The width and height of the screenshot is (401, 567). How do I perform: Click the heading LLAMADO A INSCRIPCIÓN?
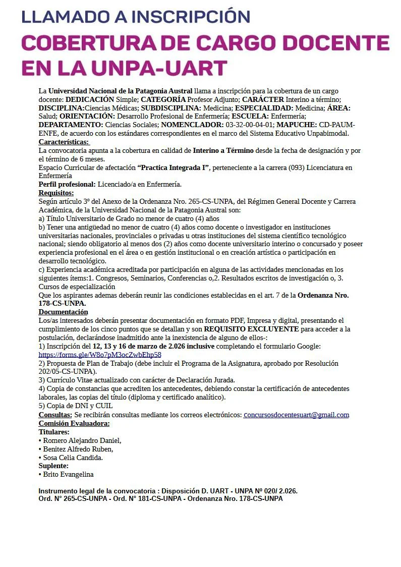click(x=136, y=16)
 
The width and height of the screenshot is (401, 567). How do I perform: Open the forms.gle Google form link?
click(x=100, y=355)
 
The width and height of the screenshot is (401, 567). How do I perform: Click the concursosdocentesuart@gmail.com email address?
click(x=296, y=415)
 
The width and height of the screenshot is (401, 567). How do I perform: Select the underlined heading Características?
click(x=64, y=142)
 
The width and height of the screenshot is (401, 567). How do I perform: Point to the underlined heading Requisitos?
click(x=56, y=193)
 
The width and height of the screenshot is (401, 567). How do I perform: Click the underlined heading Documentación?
click(x=63, y=312)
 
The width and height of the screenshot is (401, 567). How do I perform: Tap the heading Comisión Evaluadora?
click(x=74, y=423)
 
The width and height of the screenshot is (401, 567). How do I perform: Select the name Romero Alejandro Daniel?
click(x=82, y=440)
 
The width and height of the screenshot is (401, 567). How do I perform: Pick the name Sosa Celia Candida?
click(x=73, y=458)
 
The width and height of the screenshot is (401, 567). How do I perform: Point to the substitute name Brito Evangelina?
click(x=68, y=474)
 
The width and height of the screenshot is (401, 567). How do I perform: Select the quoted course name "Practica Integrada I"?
click(x=173, y=167)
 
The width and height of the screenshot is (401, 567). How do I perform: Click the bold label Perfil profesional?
click(x=67, y=184)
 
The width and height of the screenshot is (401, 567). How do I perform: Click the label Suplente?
click(x=53, y=466)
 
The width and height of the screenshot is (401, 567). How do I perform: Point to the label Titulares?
click(x=54, y=432)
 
